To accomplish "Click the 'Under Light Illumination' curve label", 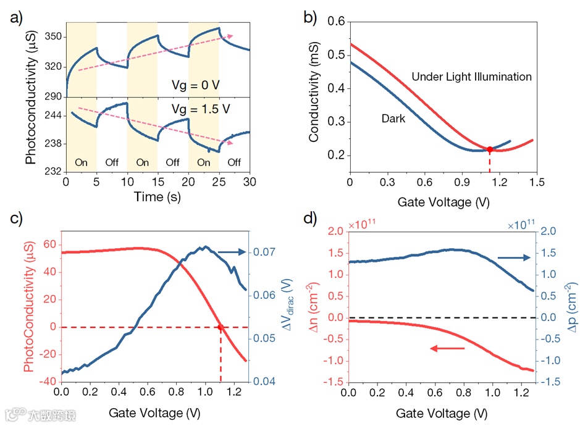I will pos(471,77).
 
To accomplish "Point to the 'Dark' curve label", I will pos(393,118).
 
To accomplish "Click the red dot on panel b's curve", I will pos(490,149).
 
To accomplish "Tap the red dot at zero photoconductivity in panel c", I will pos(220,327).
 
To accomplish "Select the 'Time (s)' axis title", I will pos(158,197).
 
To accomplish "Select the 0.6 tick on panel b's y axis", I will pos(335,22).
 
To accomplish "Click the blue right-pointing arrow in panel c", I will pos(232,252).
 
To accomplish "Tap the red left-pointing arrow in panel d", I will pos(447,349).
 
